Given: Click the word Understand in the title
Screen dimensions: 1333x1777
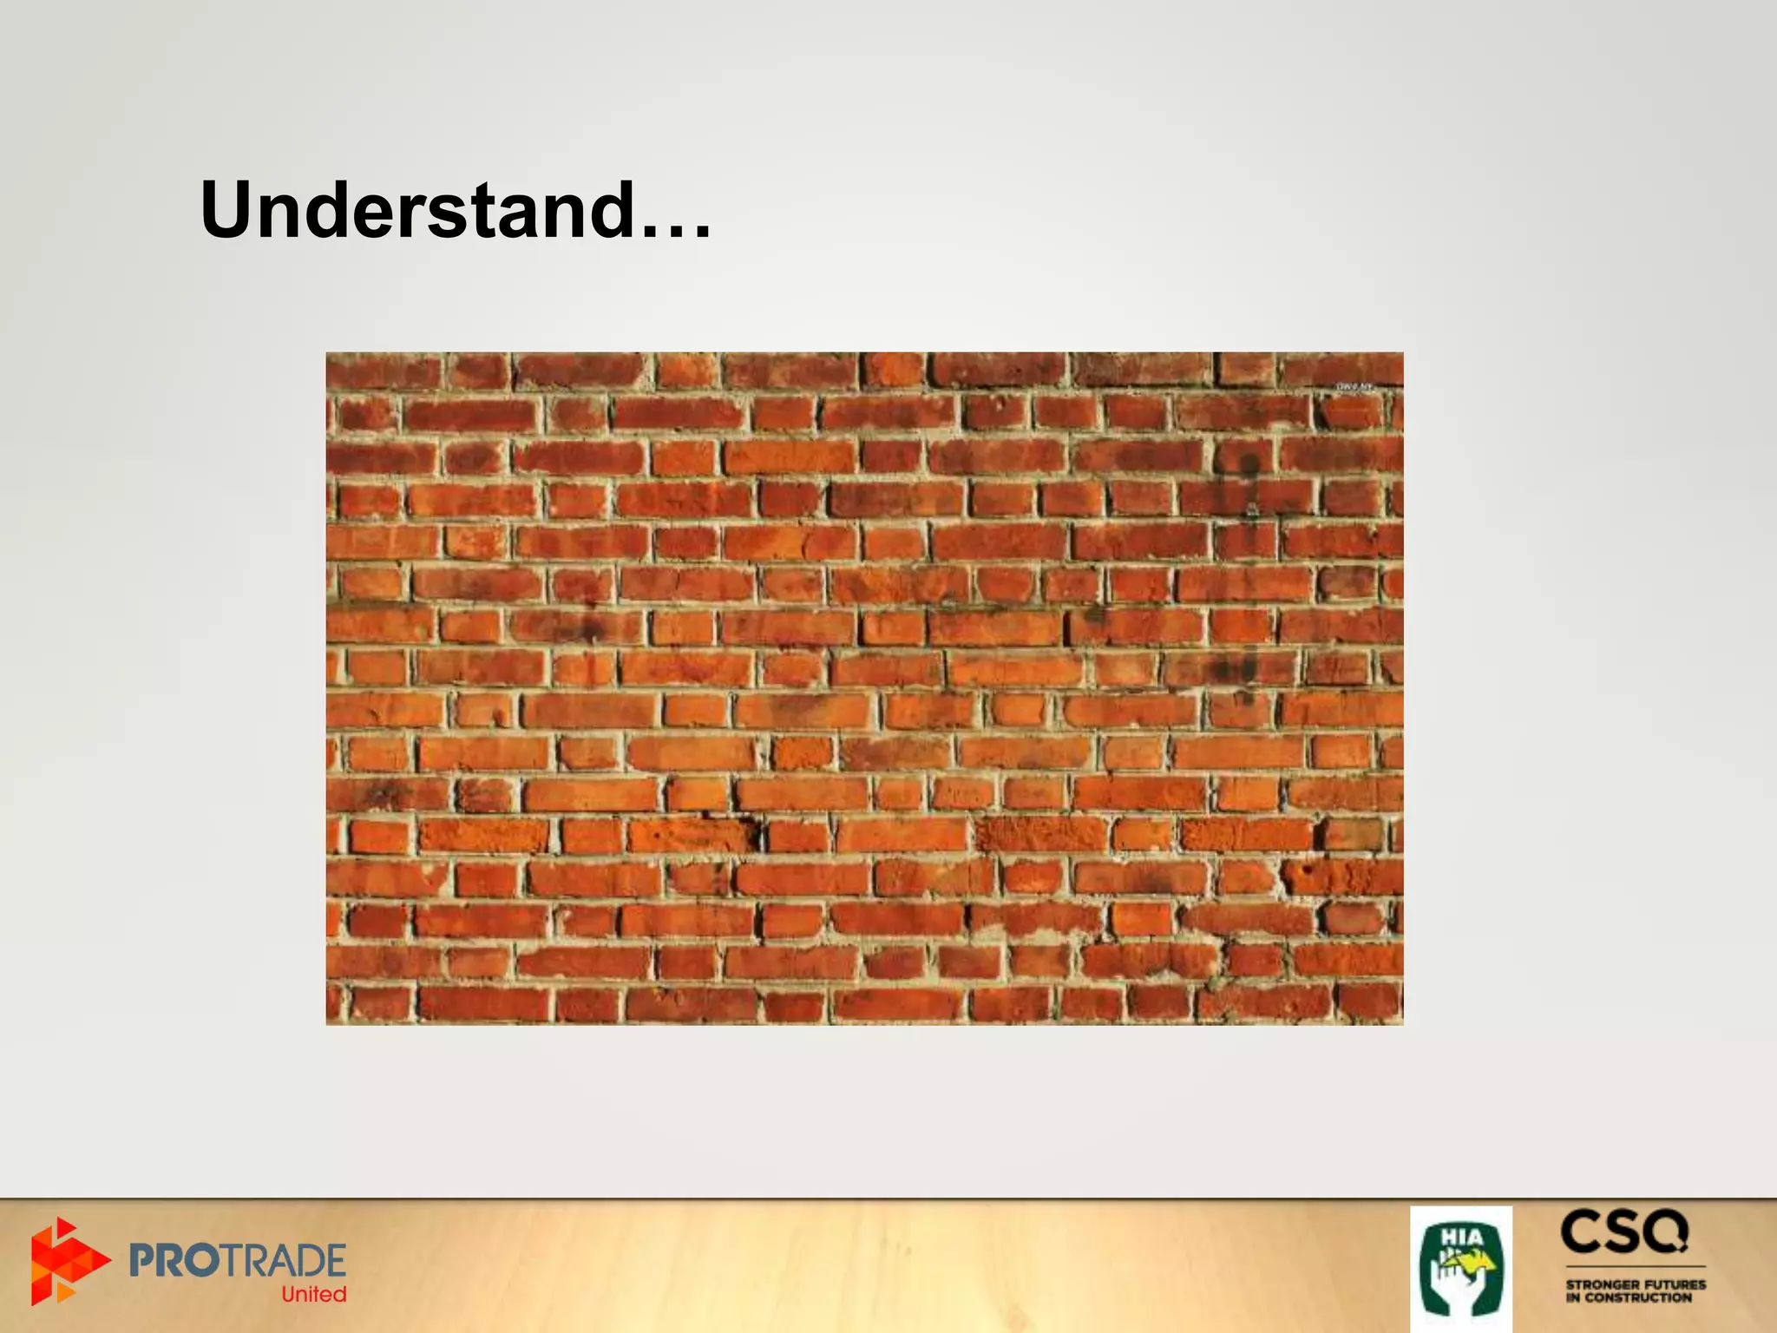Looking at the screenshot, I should (x=416, y=210).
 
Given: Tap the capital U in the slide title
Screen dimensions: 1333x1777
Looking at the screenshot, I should (x=227, y=210).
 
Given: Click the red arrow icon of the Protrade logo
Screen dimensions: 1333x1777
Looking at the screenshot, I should (x=69, y=1260).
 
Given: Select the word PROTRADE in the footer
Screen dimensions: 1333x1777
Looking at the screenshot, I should (x=237, y=1260).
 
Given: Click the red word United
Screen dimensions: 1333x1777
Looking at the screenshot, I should (x=313, y=1294).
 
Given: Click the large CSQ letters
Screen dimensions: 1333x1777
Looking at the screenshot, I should (x=1625, y=1232).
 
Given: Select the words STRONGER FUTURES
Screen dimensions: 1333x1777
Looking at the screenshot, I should (x=1636, y=1284).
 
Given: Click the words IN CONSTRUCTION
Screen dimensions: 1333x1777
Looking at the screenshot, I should (x=1629, y=1298).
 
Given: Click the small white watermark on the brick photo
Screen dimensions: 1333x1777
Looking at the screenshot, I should (x=1354, y=387).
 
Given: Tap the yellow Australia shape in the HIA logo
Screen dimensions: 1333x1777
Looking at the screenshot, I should (x=1475, y=1263).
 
